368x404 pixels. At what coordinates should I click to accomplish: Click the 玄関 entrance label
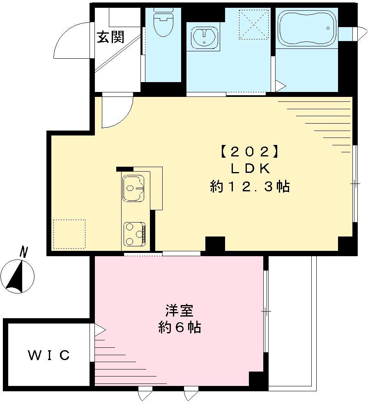[x=110, y=37]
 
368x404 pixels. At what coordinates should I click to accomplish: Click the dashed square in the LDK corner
[x=69, y=234]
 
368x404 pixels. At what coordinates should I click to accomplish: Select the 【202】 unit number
[x=247, y=152]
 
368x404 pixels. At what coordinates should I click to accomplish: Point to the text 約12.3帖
[x=250, y=187]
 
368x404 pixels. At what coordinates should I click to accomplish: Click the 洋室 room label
[x=179, y=311]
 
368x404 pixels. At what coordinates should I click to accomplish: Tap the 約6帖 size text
[x=179, y=327]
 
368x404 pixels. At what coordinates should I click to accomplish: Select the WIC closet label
[x=49, y=355]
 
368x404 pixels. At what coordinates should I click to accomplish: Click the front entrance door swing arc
[x=70, y=41]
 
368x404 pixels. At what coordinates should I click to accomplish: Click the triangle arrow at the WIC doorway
[x=100, y=330]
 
